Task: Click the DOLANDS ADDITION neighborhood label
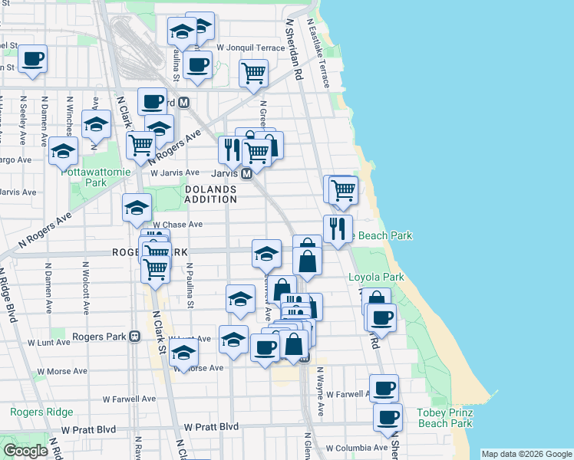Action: pyautogui.click(x=211, y=193)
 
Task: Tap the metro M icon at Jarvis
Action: pyautogui.click(x=247, y=174)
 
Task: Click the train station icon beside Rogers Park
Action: pyautogui.click(x=135, y=337)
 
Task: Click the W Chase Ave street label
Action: pyautogui.click(x=177, y=225)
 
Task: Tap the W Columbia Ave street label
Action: pyautogui.click(x=356, y=448)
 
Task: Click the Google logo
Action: pyautogui.click(x=25, y=450)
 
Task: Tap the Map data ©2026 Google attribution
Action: pyautogui.click(x=526, y=454)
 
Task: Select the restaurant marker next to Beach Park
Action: pyautogui.click(x=337, y=227)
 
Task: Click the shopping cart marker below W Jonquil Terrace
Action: pyautogui.click(x=253, y=74)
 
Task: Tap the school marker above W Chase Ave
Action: pyautogui.click(x=137, y=206)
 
